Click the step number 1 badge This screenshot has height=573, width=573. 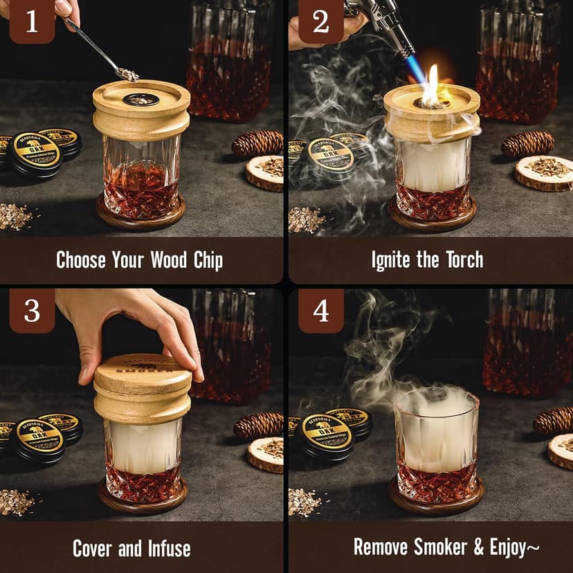(32, 22)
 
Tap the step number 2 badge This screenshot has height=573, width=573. (320, 22)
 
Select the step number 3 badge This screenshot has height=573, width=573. (32, 311)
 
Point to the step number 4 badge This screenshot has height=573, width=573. (320, 311)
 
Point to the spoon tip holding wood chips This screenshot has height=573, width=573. (127, 73)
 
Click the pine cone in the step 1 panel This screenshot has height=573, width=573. (257, 143)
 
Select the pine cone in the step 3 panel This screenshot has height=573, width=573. (257, 425)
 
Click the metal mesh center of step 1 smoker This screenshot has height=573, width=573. (140, 100)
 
